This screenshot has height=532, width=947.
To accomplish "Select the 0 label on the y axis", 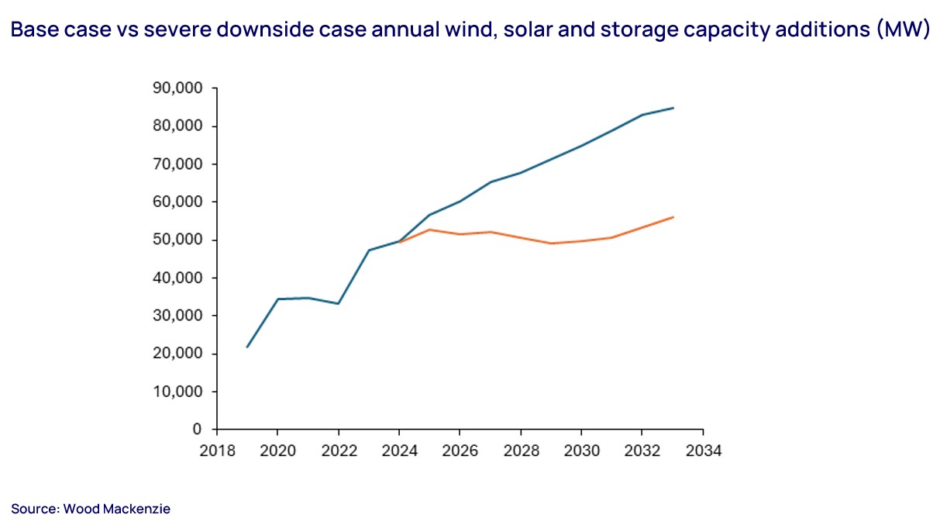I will click(197, 429).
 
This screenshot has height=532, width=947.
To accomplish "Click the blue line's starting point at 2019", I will click(247, 347).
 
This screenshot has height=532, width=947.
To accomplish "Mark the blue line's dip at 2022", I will click(339, 303).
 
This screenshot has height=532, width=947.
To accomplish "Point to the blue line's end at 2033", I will click(673, 108).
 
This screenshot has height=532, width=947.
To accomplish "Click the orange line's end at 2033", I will click(673, 217).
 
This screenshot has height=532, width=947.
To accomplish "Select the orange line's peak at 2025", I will click(429, 230).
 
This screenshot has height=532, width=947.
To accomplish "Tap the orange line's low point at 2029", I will click(551, 244).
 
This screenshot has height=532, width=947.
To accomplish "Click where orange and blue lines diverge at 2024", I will click(399, 241).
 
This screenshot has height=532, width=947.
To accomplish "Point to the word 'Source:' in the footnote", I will click(34, 509).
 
